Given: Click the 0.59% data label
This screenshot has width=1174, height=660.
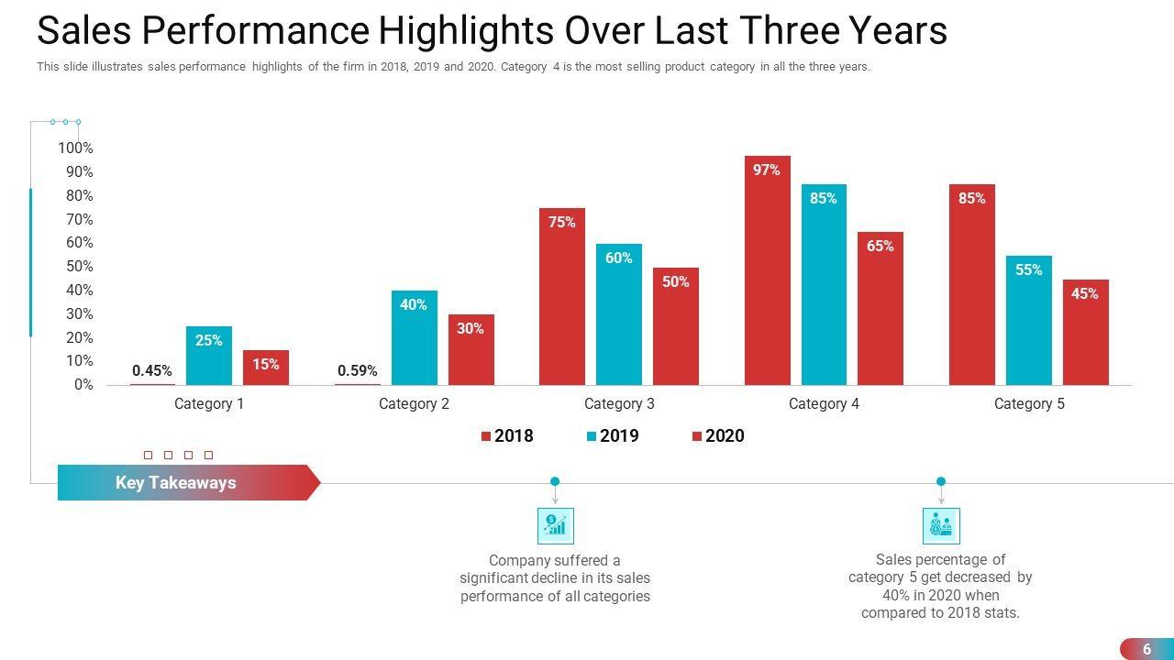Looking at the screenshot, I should point(358,371).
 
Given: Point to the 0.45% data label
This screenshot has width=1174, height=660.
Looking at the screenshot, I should point(152,371).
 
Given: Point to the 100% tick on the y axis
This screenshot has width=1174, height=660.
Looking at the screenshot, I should point(75,148).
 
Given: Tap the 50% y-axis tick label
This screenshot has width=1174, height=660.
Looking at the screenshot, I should point(79,267).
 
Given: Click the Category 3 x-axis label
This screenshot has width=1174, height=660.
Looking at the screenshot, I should point(619,404).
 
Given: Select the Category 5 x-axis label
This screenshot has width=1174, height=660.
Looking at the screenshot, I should point(1029,404).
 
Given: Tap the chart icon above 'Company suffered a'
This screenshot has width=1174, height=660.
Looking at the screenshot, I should point(555,526).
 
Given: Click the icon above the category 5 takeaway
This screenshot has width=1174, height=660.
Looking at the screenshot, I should point(941,526).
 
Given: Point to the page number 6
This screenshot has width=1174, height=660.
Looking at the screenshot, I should point(1146,649).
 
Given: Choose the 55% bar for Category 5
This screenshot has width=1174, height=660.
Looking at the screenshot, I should point(1029,320).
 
